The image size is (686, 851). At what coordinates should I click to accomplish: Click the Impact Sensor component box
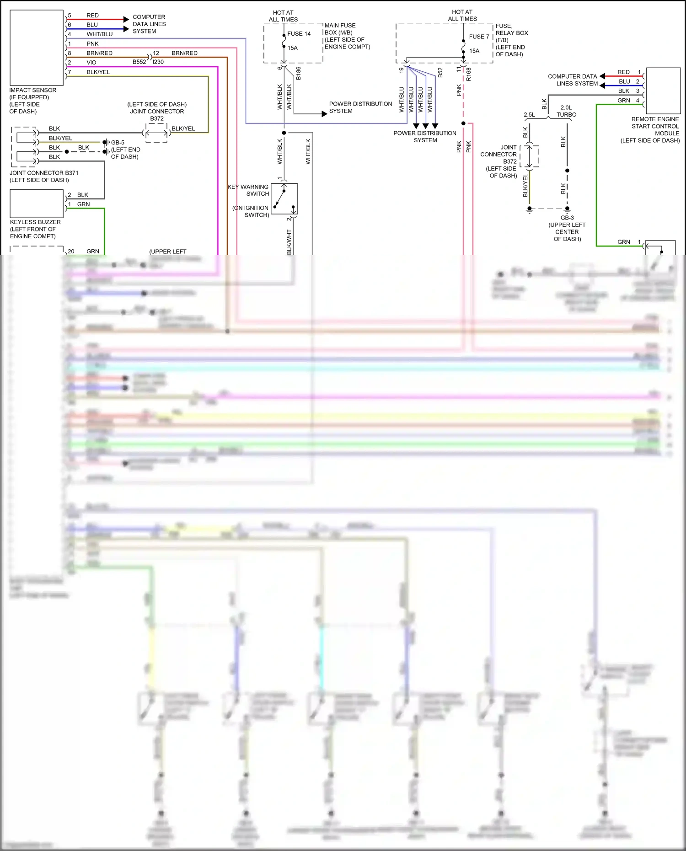click(37, 48)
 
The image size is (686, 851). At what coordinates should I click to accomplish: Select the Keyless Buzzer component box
click(37, 203)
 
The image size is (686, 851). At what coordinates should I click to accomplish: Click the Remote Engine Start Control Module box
click(663, 91)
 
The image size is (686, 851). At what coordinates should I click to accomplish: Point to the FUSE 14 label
click(299, 34)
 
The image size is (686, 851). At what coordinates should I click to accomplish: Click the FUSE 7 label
click(479, 37)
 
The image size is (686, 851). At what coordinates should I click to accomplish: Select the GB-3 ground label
click(567, 218)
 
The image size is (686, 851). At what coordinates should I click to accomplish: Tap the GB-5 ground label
click(118, 143)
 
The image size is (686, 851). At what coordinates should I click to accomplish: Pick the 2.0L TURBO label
click(566, 111)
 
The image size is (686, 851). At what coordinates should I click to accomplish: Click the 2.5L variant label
click(529, 115)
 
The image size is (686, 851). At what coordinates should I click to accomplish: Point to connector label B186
click(299, 73)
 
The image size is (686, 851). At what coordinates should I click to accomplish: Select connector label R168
click(469, 75)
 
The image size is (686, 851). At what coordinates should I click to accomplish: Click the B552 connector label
click(139, 62)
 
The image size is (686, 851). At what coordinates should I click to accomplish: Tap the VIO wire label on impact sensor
click(91, 63)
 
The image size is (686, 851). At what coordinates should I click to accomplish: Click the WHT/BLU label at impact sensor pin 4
click(99, 34)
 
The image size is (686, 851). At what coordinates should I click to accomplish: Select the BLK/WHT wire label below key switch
click(289, 242)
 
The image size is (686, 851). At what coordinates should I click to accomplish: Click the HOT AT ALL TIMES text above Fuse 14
click(283, 16)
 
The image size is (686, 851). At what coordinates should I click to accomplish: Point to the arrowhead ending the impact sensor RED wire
click(126, 19)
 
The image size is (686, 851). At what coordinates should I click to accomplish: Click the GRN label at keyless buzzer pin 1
click(83, 204)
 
